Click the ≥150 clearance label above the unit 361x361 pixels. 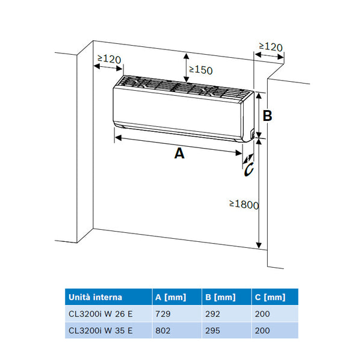pyautogui.click(x=201, y=70)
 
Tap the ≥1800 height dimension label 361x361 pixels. pyautogui.click(x=244, y=205)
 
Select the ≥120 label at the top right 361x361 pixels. pyautogui.click(x=271, y=46)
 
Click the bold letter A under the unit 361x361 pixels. pyautogui.click(x=179, y=153)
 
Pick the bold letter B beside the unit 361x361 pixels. pyautogui.click(x=268, y=116)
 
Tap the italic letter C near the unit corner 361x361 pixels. pyautogui.click(x=249, y=170)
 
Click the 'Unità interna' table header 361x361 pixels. pyautogui.click(x=96, y=297)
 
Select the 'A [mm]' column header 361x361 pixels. pyautogui.click(x=171, y=297)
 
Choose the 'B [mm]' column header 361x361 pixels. pyautogui.click(x=220, y=297)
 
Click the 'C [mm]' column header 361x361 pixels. pyautogui.click(x=269, y=297)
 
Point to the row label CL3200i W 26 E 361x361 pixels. pyautogui.click(x=101, y=313)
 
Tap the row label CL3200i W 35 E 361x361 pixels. pyautogui.click(x=101, y=330)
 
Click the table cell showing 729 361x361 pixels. pyautogui.click(x=163, y=313)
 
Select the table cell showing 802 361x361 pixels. pyautogui.click(x=163, y=330)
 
